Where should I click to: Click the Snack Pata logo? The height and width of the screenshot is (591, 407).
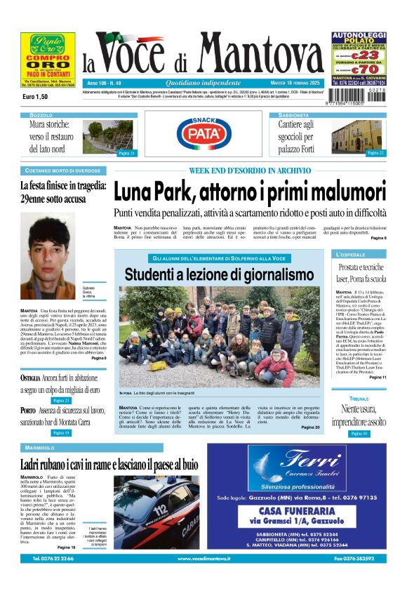(203, 133)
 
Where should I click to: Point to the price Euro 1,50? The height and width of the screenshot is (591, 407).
(36, 96)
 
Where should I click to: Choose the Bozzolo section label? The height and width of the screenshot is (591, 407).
(41, 114)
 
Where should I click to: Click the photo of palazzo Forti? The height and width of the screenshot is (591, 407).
(356, 136)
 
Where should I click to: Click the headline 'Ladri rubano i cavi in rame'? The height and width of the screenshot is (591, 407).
(109, 464)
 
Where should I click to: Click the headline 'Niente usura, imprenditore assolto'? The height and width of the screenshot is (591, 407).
(359, 415)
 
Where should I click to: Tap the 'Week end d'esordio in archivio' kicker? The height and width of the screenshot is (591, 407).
(249, 171)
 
